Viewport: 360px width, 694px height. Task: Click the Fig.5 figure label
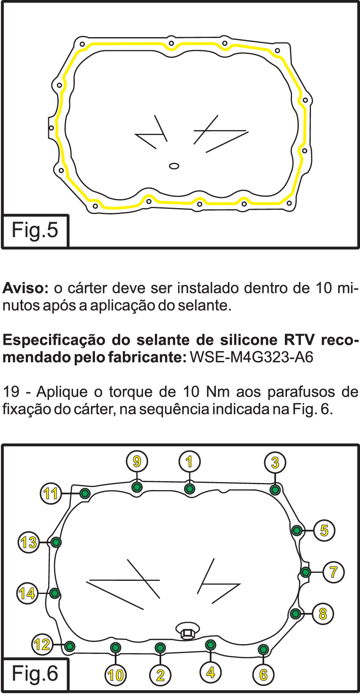[35, 230]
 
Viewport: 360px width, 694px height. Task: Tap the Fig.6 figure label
[35, 674]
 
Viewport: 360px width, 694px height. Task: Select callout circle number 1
[189, 461]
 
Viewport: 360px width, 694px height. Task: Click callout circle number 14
[27, 593]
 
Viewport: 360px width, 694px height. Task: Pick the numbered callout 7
[333, 572]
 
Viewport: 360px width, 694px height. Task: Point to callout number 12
[42, 644]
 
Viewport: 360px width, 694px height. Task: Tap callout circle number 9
[137, 461]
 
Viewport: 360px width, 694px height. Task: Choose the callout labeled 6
[263, 675]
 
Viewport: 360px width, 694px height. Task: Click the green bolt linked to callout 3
[275, 490]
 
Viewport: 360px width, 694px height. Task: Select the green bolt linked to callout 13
[56, 542]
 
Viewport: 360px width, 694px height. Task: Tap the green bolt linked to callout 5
[297, 530]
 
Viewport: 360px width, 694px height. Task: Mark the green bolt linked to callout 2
[160, 648]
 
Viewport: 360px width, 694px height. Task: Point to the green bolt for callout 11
[85, 493]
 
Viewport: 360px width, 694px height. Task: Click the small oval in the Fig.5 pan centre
[174, 166]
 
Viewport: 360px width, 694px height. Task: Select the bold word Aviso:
[25, 288]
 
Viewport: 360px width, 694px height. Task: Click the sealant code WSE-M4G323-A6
[252, 357]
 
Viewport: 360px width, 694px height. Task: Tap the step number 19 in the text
[11, 392]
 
